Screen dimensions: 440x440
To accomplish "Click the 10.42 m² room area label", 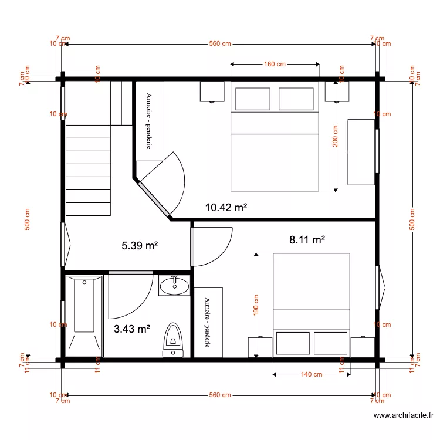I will (226, 207).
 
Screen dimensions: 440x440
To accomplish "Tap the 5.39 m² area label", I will (140, 246).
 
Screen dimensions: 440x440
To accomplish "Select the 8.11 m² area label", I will (307, 239).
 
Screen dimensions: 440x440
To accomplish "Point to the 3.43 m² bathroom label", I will (132, 329).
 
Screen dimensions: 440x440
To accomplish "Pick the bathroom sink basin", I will (174, 286).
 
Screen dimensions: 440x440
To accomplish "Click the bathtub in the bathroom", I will (84, 315).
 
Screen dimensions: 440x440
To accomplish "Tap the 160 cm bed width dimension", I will (275, 64).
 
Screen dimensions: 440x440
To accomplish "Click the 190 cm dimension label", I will (256, 304).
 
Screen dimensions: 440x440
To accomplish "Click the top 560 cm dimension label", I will (221, 45).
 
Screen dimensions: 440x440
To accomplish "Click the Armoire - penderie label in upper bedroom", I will (150, 121).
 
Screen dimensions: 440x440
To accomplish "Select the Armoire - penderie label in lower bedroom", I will (208, 322).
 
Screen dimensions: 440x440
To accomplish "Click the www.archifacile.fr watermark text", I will (404, 416).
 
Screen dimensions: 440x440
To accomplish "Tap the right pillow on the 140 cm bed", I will (331, 343).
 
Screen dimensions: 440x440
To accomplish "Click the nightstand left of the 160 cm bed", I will (212, 92).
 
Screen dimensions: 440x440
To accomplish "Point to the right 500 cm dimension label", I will (412, 220).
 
